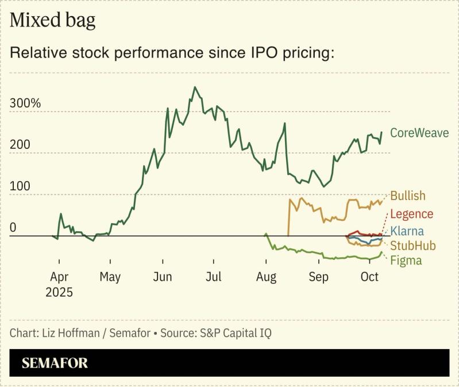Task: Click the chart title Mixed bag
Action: [x=52, y=20]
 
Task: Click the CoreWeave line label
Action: [x=419, y=133]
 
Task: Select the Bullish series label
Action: [x=412, y=196]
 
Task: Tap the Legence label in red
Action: [x=412, y=214]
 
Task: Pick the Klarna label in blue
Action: [x=407, y=232]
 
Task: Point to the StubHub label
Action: [x=413, y=246]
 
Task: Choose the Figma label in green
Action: [x=406, y=260]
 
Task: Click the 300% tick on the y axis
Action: [x=25, y=104]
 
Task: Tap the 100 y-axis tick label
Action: [x=20, y=187]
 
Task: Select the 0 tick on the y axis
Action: [x=13, y=228]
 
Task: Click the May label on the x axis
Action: [x=110, y=277]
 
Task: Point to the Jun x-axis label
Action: [x=163, y=277]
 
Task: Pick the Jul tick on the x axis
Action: [x=214, y=277]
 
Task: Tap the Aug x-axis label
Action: [x=266, y=277]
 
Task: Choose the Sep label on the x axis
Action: [x=319, y=277]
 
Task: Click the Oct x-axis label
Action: [x=369, y=277]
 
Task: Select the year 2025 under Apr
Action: [x=59, y=292]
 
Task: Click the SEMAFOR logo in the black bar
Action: [x=55, y=363]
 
